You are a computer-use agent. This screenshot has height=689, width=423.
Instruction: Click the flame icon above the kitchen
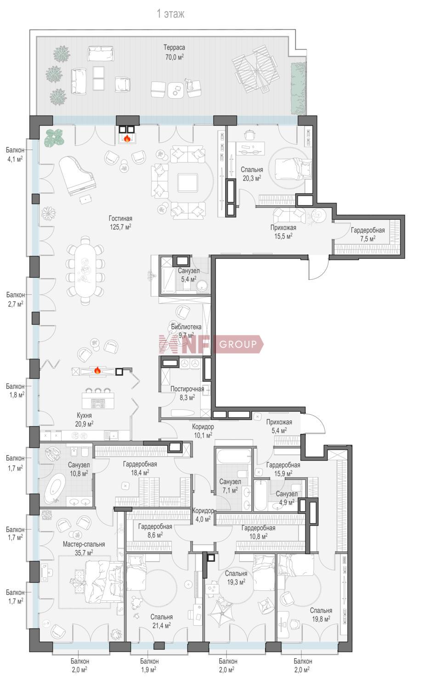point(97,370)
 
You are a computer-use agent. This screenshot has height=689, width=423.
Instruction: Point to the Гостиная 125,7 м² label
point(120,223)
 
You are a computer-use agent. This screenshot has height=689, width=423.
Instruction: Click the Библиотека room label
point(186,327)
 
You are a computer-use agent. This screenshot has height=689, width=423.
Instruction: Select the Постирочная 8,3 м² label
point(187,393)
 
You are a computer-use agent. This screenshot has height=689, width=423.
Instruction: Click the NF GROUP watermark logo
point(211,344)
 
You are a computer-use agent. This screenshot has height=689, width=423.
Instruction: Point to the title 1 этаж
point(170,14)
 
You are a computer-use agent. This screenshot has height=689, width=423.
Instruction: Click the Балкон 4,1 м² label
point(15,154)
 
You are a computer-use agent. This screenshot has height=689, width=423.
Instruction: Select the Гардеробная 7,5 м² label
point(367,234)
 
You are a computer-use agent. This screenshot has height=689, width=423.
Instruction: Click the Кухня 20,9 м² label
point(85,419)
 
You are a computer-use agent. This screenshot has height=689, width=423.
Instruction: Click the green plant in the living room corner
point(54,137)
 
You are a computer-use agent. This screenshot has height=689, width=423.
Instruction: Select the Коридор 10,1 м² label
point(203,431)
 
